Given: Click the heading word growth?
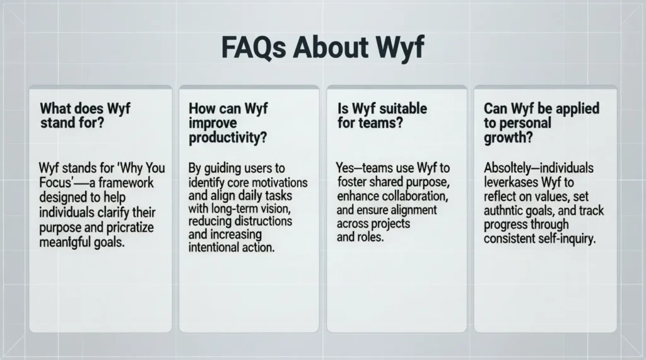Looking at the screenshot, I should pos(507,136).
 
